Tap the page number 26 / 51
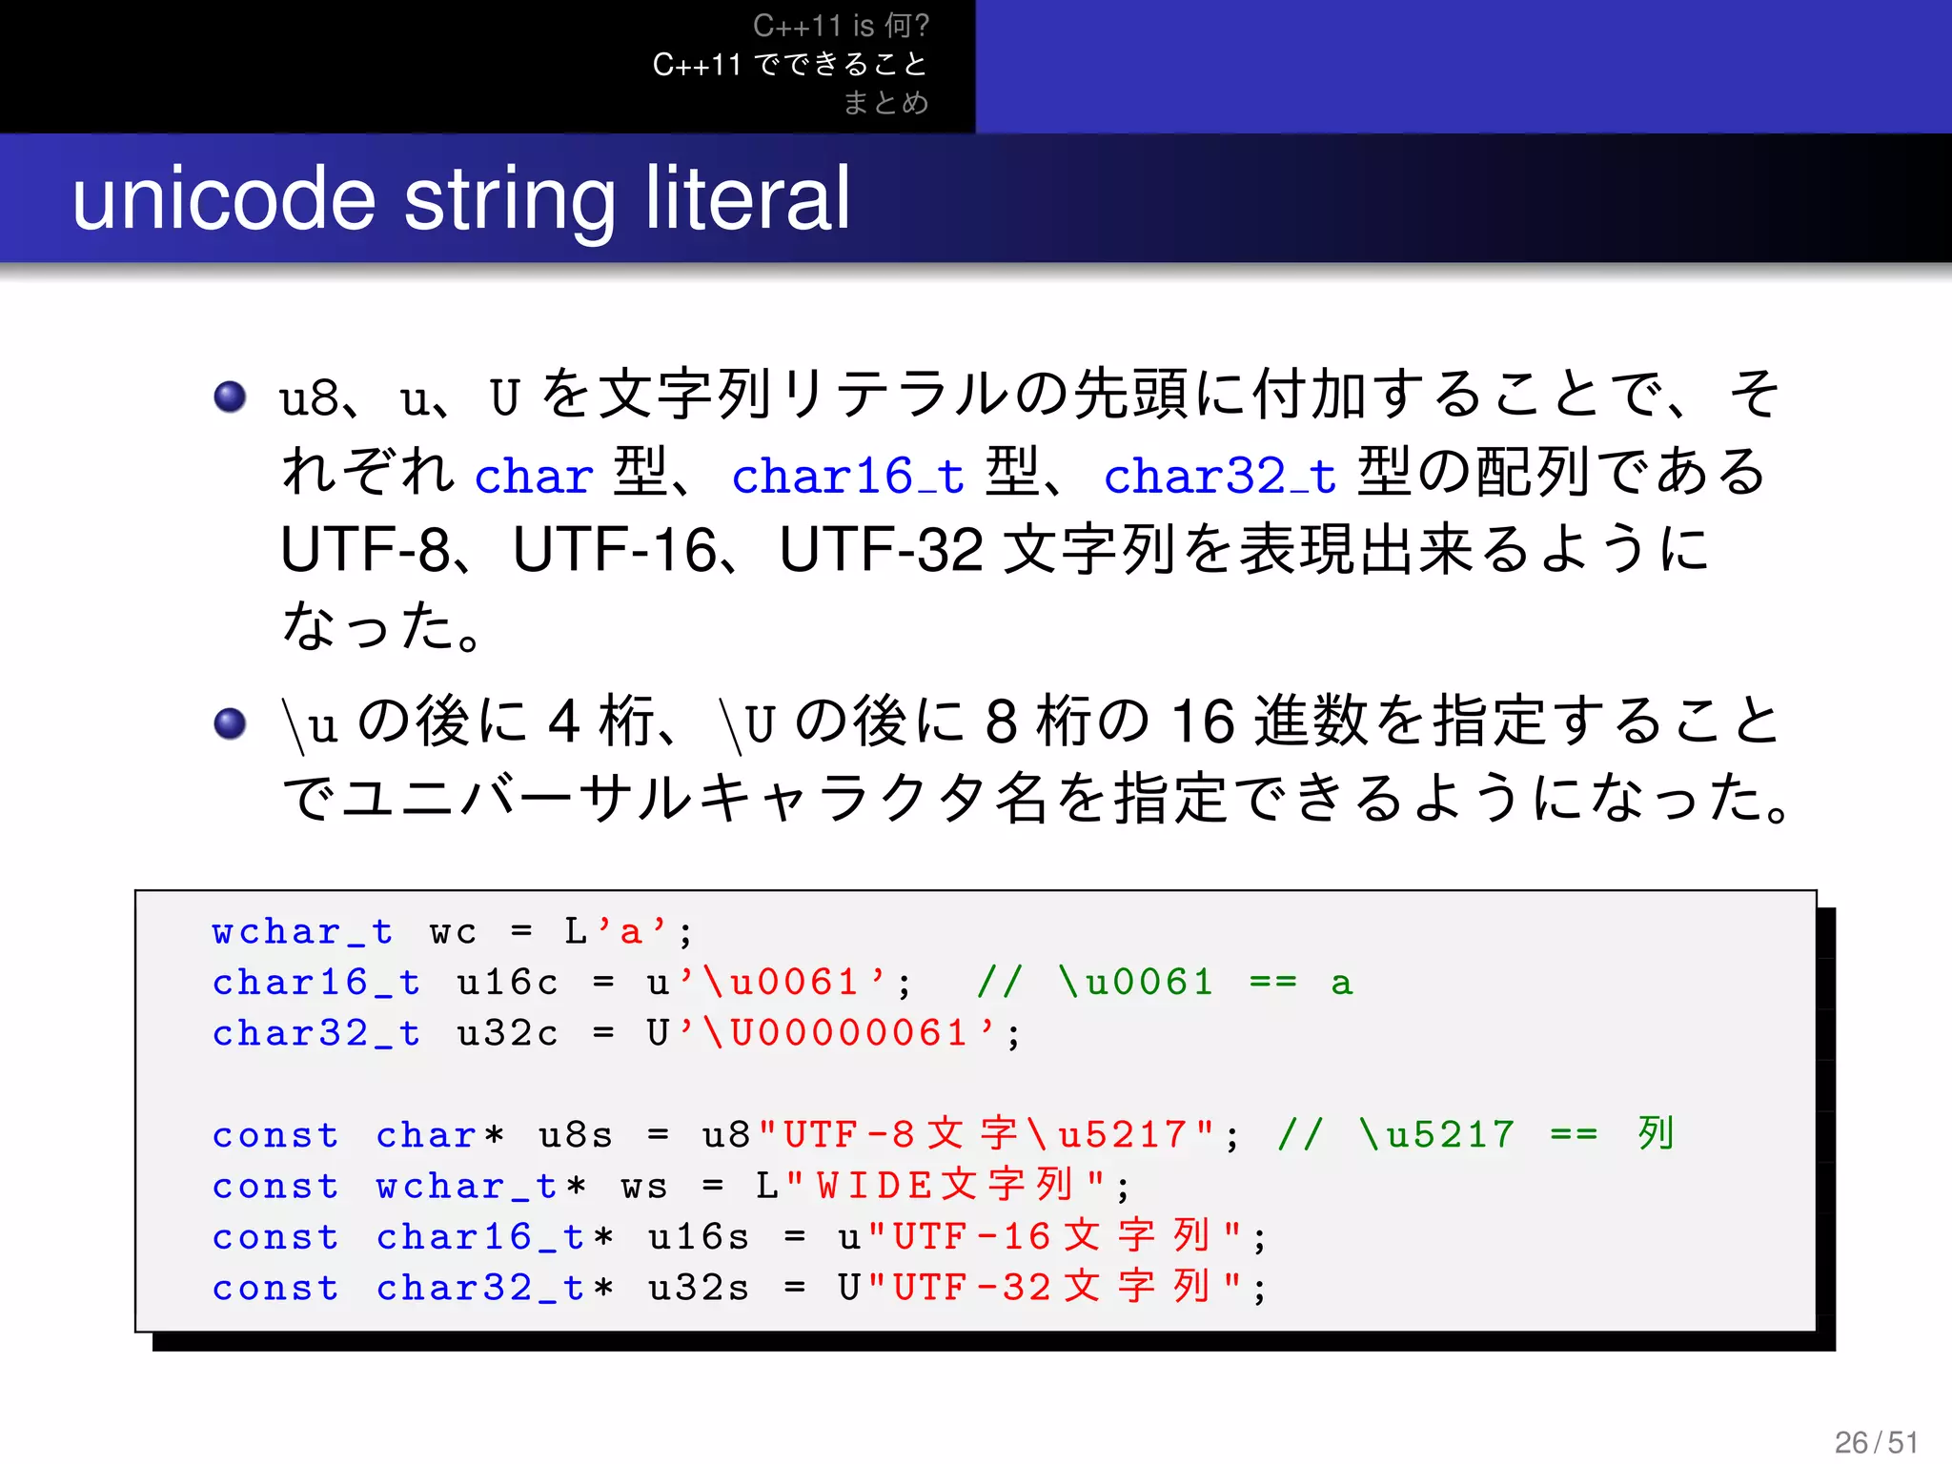(1876, 1442)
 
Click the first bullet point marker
(230, 396)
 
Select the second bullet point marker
(230, 722)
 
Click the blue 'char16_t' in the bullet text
(847, 476)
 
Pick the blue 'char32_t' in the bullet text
(1219, 476)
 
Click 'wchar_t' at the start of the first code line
(301, 931)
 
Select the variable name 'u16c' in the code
(506, 983)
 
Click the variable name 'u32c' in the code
(506, 1033)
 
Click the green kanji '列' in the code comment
(1656, 1133)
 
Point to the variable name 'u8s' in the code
(575, 1135)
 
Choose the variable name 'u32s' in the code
(698, 1288)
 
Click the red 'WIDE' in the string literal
(874, 1186)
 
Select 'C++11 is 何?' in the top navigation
(840, 26)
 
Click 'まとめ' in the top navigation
(885, 102)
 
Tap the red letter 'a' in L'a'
(630, 932)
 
